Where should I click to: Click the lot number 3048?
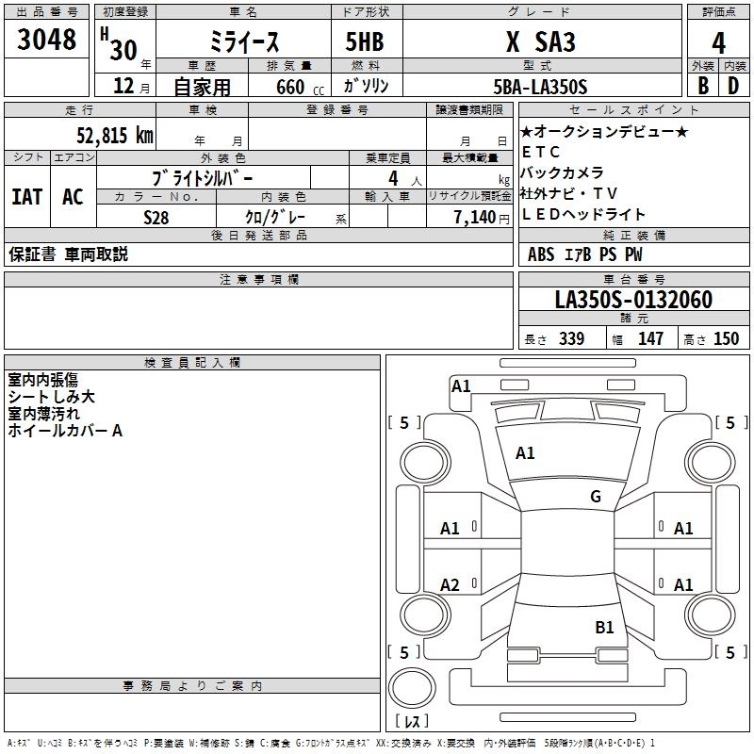point(46,41)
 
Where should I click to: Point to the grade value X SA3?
point(541,42)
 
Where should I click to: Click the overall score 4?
point(719,42)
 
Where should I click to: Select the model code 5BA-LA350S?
point(540,87)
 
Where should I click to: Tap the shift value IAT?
point(26,196)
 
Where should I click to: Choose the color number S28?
point(156,217)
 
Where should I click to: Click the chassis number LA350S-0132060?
point(632,300)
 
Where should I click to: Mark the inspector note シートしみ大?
point(51,397)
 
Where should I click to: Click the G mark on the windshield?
point(596,497)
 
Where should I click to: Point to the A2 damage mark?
point(451,585)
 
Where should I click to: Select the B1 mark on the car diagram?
point(604,627)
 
